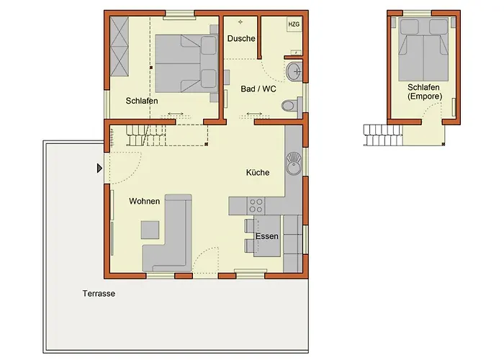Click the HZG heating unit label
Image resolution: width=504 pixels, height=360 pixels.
click(294, 24)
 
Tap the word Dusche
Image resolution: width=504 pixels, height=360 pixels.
click(241, 39)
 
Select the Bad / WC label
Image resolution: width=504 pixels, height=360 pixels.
click(258, 89)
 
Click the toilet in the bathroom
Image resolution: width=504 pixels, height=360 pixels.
click(292, 105)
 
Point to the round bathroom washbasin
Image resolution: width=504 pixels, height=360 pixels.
click(294, 72)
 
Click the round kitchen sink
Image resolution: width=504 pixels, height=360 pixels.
click(294, 164)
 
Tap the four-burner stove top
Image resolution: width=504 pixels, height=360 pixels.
click(256, 206)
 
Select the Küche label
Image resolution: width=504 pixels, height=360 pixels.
click(258, 173)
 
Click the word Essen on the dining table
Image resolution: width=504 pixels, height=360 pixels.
click(267, 236)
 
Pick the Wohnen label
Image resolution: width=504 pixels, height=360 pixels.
click(144, 201)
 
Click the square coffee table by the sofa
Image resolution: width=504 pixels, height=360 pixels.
click(150, 230)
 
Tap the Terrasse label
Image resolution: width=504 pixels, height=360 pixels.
click(99, 294)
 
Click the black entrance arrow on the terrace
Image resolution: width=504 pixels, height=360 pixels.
click(99, 168)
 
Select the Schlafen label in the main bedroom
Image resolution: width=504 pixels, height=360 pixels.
click(142, 101)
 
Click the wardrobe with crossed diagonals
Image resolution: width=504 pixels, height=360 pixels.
click(120, 46)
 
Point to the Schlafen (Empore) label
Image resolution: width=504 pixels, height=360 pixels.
click(424, 91)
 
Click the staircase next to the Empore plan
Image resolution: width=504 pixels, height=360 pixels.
click(383, 135)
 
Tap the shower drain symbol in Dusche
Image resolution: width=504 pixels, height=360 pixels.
click(240, 22)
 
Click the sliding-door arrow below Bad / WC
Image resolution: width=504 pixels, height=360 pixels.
click(254, 114)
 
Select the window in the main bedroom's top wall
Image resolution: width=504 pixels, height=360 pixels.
click(179, 14)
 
